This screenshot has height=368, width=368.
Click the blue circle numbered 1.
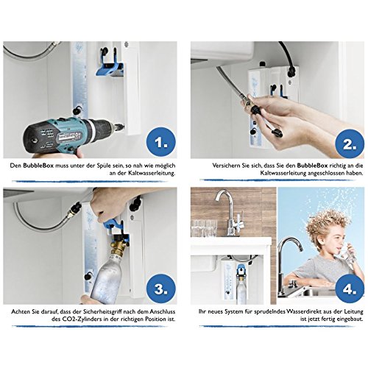[161, 143]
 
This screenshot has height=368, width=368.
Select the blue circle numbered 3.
[161, 289]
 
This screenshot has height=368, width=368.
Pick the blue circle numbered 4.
[350, 289]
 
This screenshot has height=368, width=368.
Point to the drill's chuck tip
[123, 127]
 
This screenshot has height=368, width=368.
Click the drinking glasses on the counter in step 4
[204, 229]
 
